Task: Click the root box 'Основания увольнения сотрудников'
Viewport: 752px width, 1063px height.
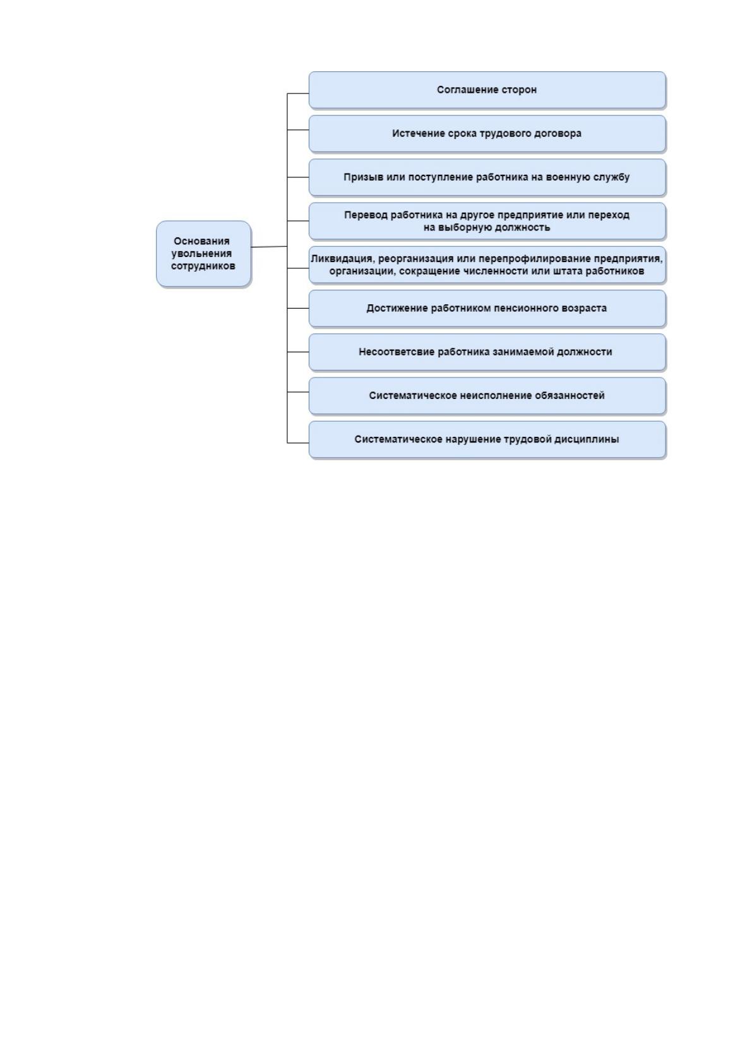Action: pyautogui.click(x=203, y=253)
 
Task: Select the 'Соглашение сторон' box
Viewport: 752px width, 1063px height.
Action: pyautogui.click(x=487, y=90)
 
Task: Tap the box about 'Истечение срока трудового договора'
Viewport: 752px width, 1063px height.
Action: pyautogui.click(x=487, y=133)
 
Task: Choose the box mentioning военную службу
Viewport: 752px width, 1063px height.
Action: pyautogui.click(x=487, y=177)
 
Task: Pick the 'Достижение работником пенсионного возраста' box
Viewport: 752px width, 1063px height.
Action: pyautogui.click(x=487, y=308)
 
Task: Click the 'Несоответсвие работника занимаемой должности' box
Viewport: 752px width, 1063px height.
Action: pyautogui.click(x=487, y=352)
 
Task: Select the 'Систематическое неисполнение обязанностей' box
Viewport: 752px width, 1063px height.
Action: pyautogui.click(x=487, y=395)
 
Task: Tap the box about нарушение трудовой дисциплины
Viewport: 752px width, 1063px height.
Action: pyautogui.click(x=487, y=439)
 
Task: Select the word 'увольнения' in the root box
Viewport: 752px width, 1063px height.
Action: pyautogui.click(x=202, y=253)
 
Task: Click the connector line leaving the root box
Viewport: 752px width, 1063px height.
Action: pyautogui.click(x=269, y=247)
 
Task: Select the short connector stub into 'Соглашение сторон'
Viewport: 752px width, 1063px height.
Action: pyautogui.click(x=298, y=93)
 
